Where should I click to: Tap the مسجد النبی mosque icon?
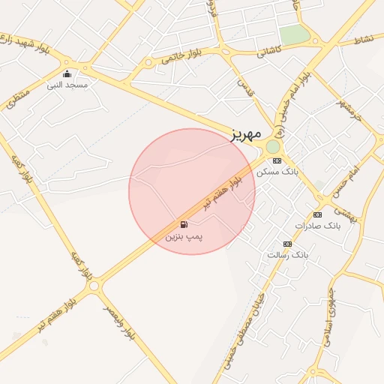pos(67,73)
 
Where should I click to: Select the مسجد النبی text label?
pos(67,85)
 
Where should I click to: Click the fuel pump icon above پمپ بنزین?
pos(184,224)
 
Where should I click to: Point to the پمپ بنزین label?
pos(184,236)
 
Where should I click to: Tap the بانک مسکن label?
pos(277,172)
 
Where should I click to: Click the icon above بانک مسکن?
pos(277,160)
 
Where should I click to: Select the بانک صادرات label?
pos(317,225)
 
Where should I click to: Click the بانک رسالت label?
pos(287,255)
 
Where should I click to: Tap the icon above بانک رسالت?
pos(287,244)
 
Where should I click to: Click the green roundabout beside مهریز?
pos(272,146)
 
